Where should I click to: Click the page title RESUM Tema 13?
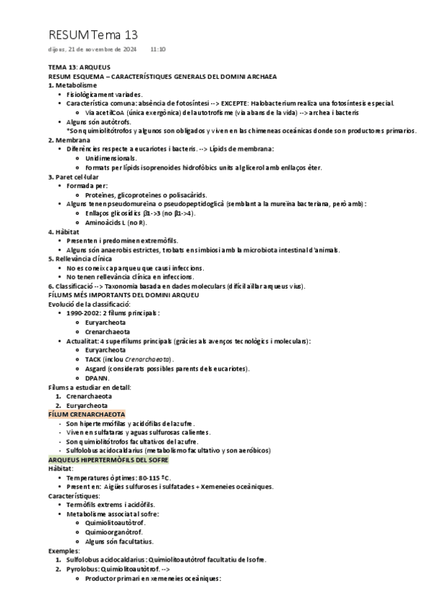point(93,34)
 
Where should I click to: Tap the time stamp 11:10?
point(158,50)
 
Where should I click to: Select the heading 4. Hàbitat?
point(63,231)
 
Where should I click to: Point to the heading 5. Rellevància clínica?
point(80,259)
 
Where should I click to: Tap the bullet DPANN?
point(96,377)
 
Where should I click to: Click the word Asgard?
point(95,368)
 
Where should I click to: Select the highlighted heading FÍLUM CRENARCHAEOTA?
point(86,414)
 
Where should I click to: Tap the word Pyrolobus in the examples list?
point(81,569)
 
